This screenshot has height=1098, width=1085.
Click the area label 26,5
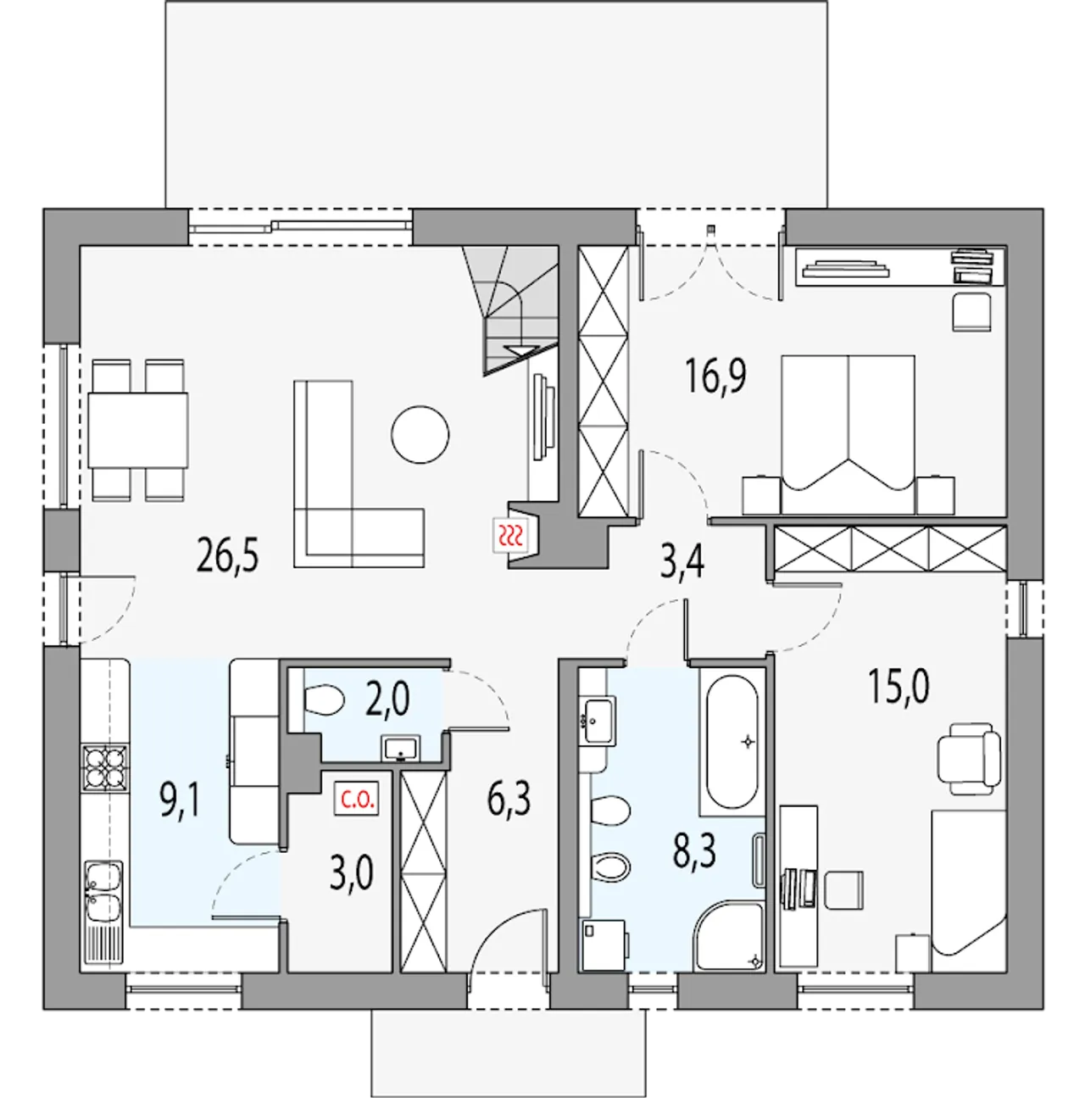coord(227,556)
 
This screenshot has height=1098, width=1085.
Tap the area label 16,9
coord(715,376)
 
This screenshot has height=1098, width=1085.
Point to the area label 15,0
coord(899,687)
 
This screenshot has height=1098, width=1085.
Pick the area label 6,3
coord(509,799)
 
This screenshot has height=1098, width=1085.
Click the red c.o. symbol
coord(357,800)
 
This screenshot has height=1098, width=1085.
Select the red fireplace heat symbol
coord(510,536)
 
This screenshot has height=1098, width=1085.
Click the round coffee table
coord(420,435)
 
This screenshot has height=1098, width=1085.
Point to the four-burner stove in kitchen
coord(104,767)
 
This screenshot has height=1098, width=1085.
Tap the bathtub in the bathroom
coord(732,742)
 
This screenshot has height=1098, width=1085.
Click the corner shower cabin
coord(730,935)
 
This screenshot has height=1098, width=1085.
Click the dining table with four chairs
coord(138,430)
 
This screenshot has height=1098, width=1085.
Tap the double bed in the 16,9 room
coord(849,435)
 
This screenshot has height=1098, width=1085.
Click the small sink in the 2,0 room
coord(402,748)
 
